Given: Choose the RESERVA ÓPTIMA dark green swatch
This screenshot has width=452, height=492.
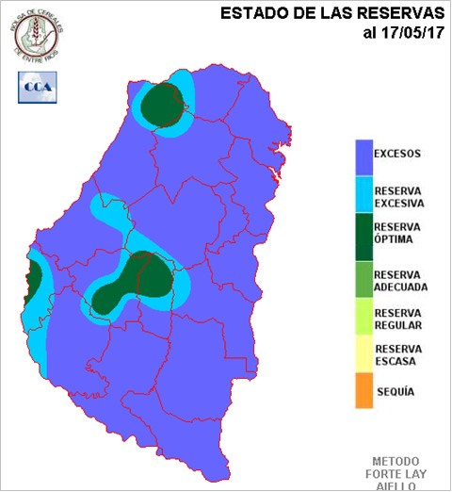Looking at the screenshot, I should pyautogui.click(x=362, y=234).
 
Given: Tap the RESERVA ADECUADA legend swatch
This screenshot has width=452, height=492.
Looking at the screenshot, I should pyautogui.click(x=362, y=276).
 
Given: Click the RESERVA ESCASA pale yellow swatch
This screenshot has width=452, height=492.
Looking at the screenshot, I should pyautogui.click(x=362, y=356).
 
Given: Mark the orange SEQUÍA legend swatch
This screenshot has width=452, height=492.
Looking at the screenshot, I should pyautogui.click(x=362, y=390).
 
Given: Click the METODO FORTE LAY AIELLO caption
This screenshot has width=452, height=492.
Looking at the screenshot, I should pyautogui.click(x=397, y=472).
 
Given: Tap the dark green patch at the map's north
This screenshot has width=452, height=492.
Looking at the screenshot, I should pyautogui.click(x=163, y=105).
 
